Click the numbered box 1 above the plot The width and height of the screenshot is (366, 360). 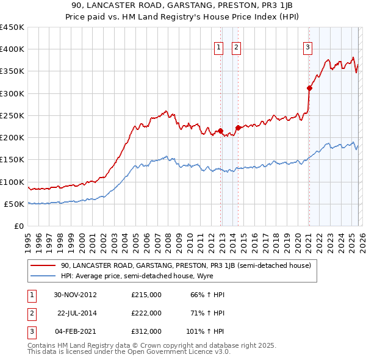pos(218,49)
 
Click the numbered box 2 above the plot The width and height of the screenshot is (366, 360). pos(236,49)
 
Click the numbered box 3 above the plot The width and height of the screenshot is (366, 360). pos(308,49)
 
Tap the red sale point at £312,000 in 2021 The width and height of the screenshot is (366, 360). pos(309,88)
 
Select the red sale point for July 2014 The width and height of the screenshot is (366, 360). pos(238,128)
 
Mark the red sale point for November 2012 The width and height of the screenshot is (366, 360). pos(220,131)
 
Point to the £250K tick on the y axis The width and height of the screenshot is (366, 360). pos(12,115)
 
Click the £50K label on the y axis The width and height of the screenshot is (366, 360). pos(15,204)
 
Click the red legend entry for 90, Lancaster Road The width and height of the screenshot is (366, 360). pos(186,265)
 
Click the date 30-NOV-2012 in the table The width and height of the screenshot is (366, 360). pos(76,295)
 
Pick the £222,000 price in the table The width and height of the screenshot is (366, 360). pos(146,313)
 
